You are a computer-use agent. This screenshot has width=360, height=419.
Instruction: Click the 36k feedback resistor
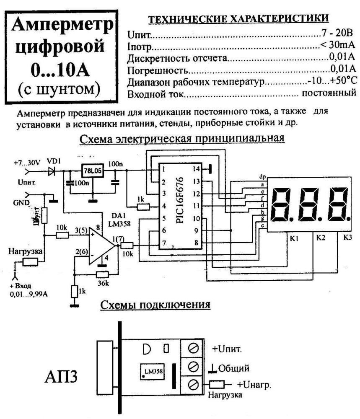point(102,274)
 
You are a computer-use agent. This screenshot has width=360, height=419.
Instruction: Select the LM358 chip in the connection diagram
point(153,371)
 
